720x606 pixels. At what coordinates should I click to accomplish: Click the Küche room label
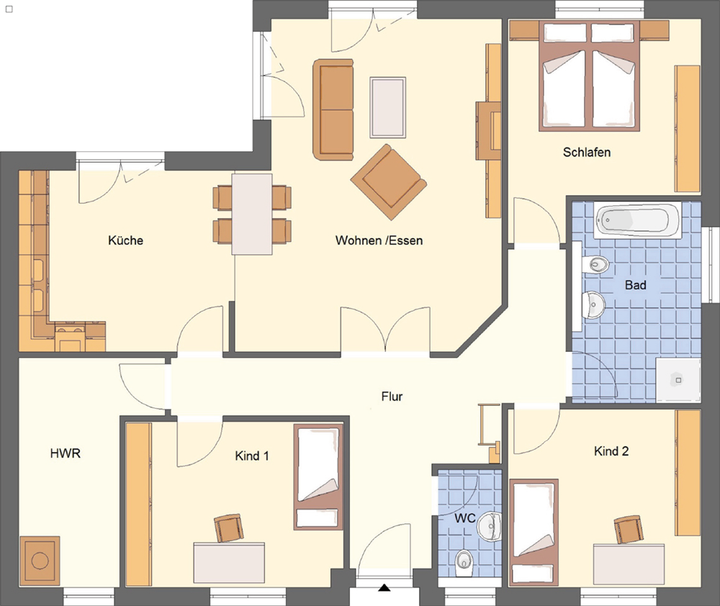click(125, 240)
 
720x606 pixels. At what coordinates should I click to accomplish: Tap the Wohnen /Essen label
click(379, 240)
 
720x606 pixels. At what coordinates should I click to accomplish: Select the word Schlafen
click(587, 152)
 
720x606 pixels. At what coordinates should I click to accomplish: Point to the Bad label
click(636, 284)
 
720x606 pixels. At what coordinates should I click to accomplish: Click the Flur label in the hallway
click(392, 396)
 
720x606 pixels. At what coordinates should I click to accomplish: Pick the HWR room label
click(66, 453)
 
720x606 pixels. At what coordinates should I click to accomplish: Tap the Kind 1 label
click(251, 456)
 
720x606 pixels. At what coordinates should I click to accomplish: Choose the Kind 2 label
click(611, 451)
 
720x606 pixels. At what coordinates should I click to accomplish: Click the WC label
click(464, 518)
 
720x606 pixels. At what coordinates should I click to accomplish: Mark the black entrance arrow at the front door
click(384, 587)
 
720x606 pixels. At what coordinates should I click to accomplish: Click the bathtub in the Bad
click(637, 221)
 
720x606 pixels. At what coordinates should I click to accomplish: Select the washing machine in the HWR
click(40, 561)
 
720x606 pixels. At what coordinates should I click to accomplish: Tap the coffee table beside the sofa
click(387, 107)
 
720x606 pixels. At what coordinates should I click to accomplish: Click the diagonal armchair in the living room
click(389, 182)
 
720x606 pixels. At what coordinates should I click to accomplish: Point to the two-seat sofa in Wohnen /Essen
click(333, 109)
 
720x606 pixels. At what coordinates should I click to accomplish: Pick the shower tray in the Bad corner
click(678, 380)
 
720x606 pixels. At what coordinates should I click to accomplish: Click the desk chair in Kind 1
click(229, 528)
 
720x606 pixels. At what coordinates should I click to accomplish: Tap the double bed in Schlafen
click(590, 76)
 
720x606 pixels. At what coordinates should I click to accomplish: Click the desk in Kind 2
click(629, 564)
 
